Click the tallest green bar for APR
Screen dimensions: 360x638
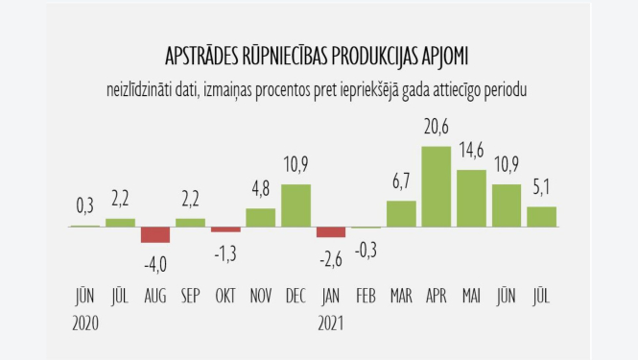(x=437, y=186)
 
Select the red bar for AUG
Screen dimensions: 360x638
(x=155, y=234)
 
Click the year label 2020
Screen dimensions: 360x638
(x=85, y=323)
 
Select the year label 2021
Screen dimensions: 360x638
(x=331, y=323)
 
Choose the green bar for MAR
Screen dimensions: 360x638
(x=401, y=213)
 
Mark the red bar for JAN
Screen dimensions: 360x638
(x=331, y=231)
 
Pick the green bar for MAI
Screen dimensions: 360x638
(x=471, y=198)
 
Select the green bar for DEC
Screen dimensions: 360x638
(x=295, y=205)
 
